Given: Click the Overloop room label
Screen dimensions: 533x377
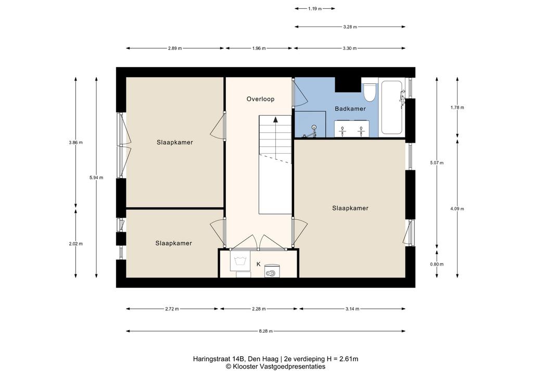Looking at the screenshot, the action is tap(260, 99).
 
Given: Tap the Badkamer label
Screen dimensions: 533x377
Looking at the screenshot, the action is tap(350, 109).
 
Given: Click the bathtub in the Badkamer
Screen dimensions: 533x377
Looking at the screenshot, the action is tap(392, 107).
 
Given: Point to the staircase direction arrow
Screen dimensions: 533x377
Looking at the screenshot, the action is tap(275, 119).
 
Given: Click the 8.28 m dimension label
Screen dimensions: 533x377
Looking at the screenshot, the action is tap(265, 331).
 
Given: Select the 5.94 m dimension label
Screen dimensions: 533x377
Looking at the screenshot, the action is tap(96, 178).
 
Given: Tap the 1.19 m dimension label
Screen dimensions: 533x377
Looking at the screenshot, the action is tap(315, 8).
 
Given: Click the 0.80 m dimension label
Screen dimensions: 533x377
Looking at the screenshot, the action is tap(437, 264).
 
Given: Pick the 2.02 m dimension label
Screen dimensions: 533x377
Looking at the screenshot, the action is tap(75, 244).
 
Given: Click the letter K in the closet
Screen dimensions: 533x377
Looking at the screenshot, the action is tap(258, 264).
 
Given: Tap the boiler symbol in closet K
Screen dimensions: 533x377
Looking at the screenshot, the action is tap(272, 271).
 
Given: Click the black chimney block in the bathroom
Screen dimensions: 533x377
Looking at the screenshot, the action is tap(348, 85).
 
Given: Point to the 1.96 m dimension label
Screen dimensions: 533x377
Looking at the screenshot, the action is tap(259, 48).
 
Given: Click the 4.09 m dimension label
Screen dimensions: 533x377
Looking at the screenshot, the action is tap(457, 209).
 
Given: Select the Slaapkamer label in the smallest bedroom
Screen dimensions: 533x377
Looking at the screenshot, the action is tap(174, 243).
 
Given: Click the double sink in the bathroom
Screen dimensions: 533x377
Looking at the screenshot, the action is tap(352, 129).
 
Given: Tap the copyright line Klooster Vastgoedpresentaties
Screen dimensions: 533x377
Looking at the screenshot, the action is tap(276, 367).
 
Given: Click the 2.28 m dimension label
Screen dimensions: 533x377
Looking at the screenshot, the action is tap(259, 309).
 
